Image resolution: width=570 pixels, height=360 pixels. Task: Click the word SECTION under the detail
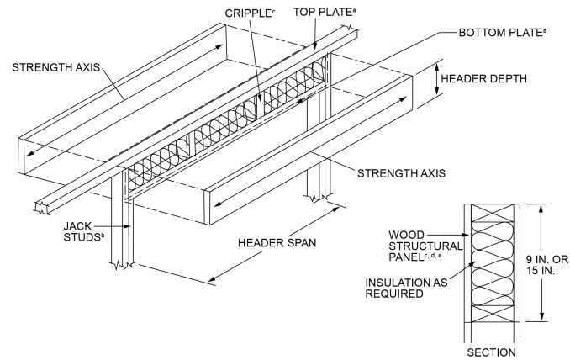493,351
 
